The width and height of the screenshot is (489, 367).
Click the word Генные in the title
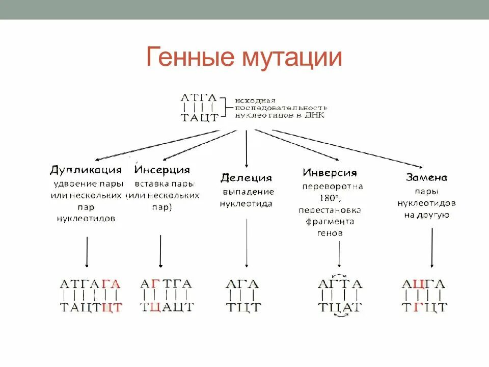tap(187, 57)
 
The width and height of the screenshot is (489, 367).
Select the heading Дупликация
tap(86, 170)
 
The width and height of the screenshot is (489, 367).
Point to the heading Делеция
tap(246, 178)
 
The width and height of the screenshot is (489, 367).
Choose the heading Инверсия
tap(330, 173)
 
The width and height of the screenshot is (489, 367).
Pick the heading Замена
tap(426, 177)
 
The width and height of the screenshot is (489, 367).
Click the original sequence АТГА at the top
tap(199, 97)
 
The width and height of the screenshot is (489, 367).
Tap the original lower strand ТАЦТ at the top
tap(199, 118)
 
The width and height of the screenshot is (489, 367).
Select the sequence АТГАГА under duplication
tap(90, 284)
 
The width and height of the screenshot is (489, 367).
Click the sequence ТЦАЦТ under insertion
tap(167, 307)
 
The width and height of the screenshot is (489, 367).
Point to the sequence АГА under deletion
tap(242, 284)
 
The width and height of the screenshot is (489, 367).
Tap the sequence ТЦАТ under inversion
tap(340, 307)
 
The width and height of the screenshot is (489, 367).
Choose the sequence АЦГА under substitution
tap(423, 284)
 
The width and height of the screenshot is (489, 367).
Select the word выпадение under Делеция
tap(248, 192)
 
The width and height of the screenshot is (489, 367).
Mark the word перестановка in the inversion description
tap(330, 210)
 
